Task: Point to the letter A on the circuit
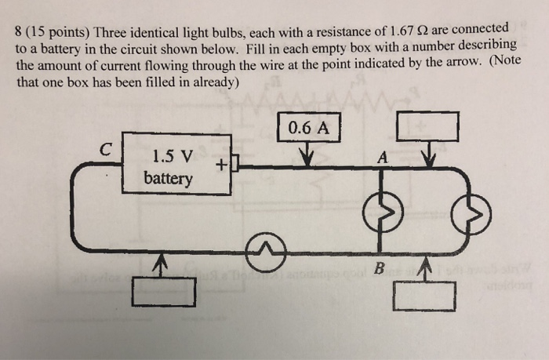pyautogui.click(x=382, y=158)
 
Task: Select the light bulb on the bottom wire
pyautogui.click(x=267, y=249)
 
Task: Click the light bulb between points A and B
pyautogui.click(x=380, y=209)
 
